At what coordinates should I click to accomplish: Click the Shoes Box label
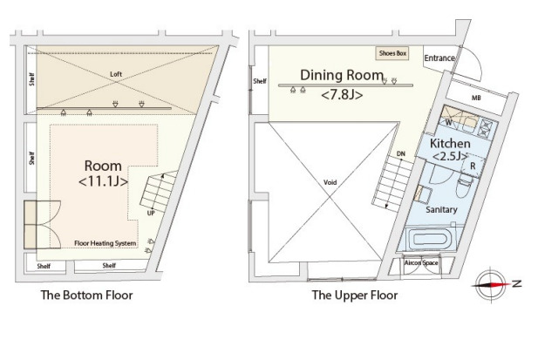click(x=392, y=53)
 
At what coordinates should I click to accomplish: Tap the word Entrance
click(x=439, y=58)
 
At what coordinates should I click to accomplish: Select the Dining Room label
click(x=342, y=75)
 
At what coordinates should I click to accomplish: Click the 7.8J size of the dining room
click(x=342, y=94)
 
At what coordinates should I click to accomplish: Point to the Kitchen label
click(x=450, y=143)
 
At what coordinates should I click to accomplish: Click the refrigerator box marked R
click(x=473, y=166)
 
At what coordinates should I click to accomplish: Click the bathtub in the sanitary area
click(x=431, y=239)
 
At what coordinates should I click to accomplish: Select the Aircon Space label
click(x=421, y=263)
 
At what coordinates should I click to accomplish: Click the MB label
click(x=476, y=98)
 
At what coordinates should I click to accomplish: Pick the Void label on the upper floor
click(x=330, y=182)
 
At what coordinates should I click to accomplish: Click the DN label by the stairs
click(x=401, y=154)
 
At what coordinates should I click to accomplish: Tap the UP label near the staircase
click(x=151, y=213)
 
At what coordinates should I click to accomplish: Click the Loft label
click(x=116, y=74)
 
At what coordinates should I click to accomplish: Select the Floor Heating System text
click(x=106, y=243)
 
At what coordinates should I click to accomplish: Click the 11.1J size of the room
click(x=103, y=181)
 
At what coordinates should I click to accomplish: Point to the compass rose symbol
click(x=491, y=284)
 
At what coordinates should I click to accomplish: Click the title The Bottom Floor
click(x=87, y=295)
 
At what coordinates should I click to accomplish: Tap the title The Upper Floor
click(x=355, y=295)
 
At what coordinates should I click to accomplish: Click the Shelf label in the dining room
click(x=260, y=81)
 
